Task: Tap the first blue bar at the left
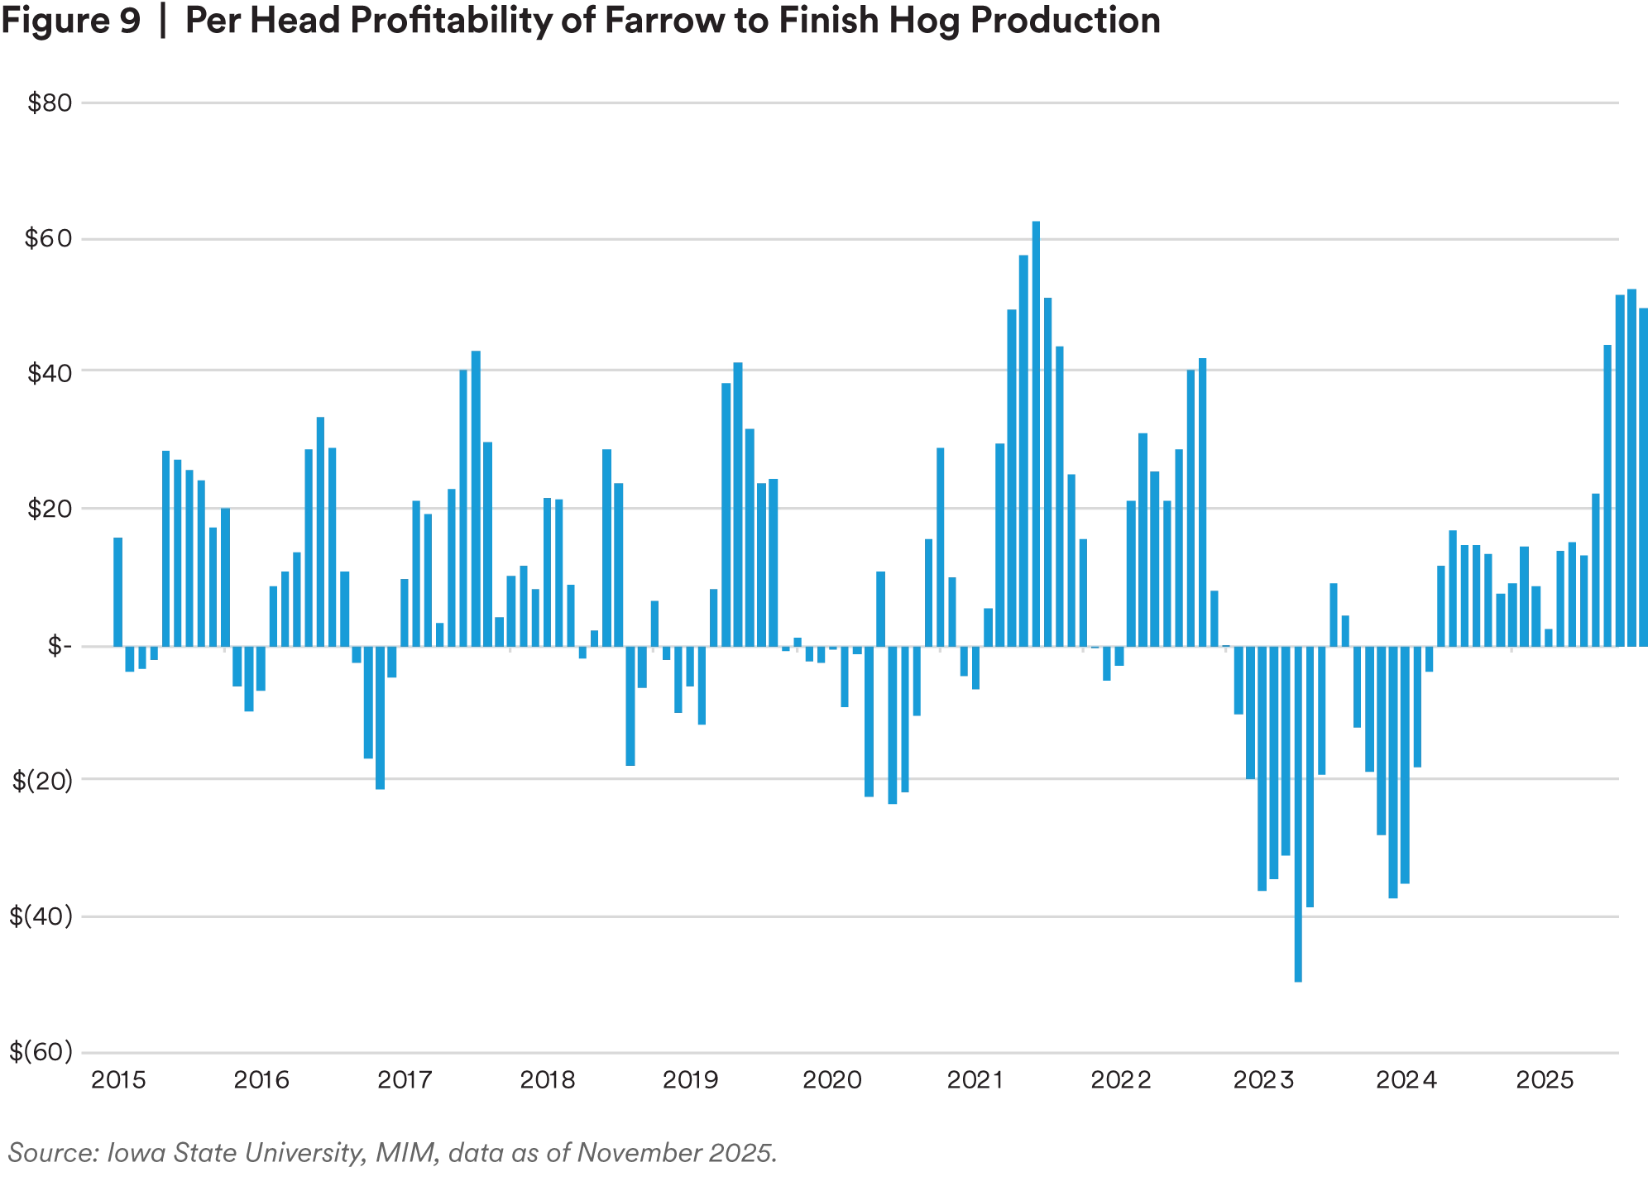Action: pos(118,591)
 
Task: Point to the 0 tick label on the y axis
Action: pos(58,647)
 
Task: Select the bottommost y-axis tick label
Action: pos(40,1053)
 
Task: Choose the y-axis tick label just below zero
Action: pos(40,782)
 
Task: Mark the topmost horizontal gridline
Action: pos(827,103)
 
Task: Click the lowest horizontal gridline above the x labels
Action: pos(827,1050)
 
